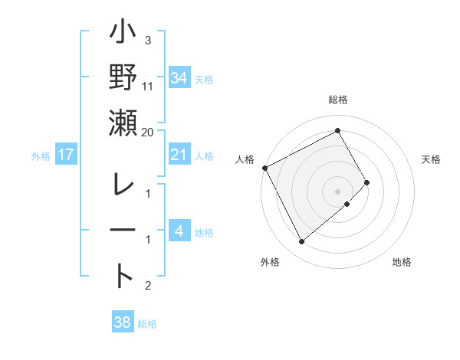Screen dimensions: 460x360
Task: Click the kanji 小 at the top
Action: tap(123, 35)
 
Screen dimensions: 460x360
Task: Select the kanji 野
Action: tap(123, 79)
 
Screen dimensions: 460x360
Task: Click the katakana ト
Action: tap(123, 275)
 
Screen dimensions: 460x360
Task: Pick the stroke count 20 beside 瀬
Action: tap(148, 132)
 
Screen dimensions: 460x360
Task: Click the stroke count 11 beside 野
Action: tap(148, 86)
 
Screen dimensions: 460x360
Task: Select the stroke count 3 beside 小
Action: tap(148, 40)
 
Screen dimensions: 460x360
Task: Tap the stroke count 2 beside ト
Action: tap(148, 286)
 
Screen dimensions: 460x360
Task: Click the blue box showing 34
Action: tap(179, 77)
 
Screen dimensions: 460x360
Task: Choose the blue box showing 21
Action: tap(179, 155)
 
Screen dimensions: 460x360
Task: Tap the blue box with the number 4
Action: tap(179, 231)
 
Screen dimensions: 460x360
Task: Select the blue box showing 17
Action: tap(66, 155)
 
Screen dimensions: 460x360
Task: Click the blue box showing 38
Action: tap(122, 322)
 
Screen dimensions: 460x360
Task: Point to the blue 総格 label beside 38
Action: tap(147, 324)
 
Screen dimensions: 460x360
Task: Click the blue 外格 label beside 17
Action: tap(41, 156)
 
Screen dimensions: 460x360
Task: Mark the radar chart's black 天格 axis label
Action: tap(431, 159)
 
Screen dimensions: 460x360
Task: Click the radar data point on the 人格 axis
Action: tap(264, 167)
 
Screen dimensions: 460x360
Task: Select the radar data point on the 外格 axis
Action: tap(301, 242)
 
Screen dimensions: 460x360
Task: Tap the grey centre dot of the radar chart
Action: tap(337, 191)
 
